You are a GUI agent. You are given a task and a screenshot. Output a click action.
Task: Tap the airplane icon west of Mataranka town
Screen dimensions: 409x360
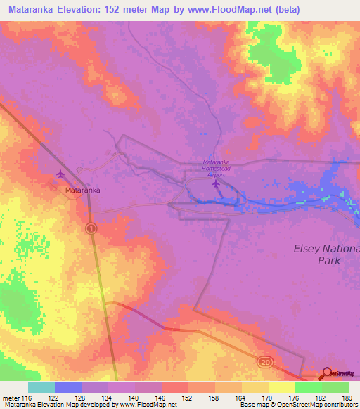pos(60,174)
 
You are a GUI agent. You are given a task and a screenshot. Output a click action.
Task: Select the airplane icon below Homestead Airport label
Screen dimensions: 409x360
pos(215,184)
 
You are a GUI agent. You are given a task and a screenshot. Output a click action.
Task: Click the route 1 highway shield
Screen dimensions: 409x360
pos(91,229)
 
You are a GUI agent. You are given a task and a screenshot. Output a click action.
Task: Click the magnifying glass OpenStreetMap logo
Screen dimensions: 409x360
pos(327,374)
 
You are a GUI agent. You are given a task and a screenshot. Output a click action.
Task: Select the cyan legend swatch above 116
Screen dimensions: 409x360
pos(41,387)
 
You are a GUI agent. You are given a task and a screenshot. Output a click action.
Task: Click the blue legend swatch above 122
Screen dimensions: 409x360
pos(67,387)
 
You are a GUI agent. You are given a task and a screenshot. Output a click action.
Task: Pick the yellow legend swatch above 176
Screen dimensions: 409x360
pos(281,387)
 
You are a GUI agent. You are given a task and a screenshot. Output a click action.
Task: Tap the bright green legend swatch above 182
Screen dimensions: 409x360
pos(308,387)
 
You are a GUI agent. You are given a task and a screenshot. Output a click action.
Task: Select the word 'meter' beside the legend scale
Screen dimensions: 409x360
pos(11,397)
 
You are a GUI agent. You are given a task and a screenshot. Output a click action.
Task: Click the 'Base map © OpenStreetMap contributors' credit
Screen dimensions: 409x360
pos(297,405)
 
